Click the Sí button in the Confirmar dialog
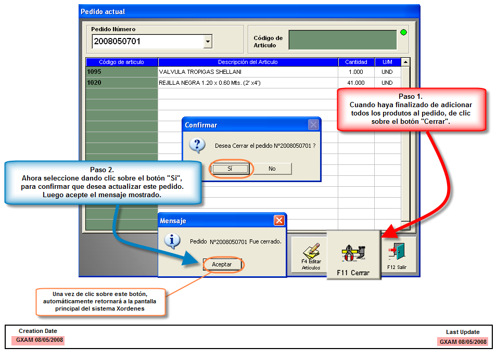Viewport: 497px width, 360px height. (230, 169)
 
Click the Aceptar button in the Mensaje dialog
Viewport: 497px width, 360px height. (222, 264)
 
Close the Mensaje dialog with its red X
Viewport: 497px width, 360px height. (279, 220)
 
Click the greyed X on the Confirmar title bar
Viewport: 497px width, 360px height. (313, 124)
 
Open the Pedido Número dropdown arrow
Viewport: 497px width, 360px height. (208, 42)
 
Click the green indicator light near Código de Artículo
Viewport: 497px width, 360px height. (403, 32)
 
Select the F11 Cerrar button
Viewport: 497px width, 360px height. (353, 255)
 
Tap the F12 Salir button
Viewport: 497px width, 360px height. (397, 256)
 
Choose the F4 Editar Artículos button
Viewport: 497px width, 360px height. (311, 256)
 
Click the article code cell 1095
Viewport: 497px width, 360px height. (122, 72)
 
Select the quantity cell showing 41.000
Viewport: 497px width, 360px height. (356, 83)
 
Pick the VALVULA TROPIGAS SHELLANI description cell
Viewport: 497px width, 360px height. (248, 72)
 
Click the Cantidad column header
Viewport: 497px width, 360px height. (356, 62)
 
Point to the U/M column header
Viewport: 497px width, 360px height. (387, 62)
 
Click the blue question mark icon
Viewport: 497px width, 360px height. (197, 146)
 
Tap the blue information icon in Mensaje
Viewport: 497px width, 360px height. (172, 241)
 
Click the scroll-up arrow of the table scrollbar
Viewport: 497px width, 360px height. (405, 62)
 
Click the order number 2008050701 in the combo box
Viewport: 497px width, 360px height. (117, 42)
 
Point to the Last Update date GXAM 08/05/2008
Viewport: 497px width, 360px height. (463, 342)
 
